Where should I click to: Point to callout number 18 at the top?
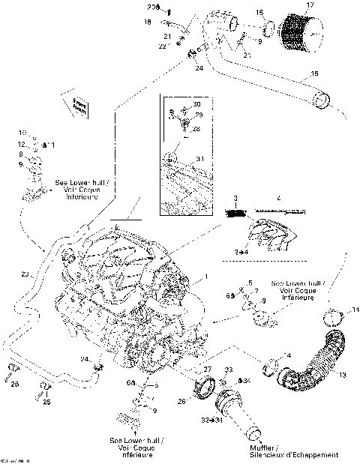coord(148,22)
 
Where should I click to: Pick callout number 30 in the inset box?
coord(196,103)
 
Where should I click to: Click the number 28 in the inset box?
coord(196,129)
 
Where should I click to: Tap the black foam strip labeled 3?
coord(237,214)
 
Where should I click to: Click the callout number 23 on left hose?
coord(25,274)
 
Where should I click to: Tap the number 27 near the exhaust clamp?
coord(208,370)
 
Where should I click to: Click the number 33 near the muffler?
coord(229,370)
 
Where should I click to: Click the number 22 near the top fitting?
coord(162,46)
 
